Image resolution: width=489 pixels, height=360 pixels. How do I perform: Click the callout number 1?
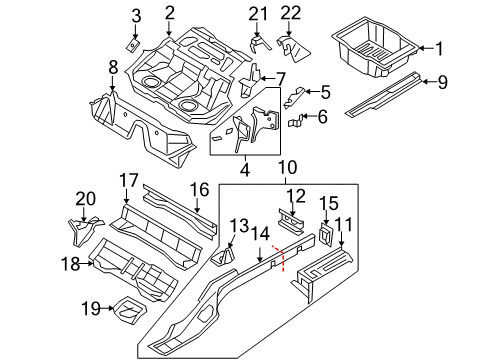pyautogui.click(x=439, y=48)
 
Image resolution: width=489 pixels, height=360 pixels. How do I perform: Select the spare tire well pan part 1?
pyautogui.click(x=375, y=48)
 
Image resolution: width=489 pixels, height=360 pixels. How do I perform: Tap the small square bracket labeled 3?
pyautogui.click(x=133, y=45)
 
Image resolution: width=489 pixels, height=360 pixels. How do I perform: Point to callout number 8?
pyautogui.click(x=113, y=67)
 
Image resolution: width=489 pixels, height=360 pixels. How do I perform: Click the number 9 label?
pyautogui.click(x=442, y=82)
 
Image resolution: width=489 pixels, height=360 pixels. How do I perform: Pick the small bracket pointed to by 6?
pyautogui.click(x=295, y=121)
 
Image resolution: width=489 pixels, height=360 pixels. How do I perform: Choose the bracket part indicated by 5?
pyautogui.click(x=294, y=97)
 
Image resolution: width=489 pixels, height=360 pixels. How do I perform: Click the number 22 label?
pyautogui.click(x=291, y=14)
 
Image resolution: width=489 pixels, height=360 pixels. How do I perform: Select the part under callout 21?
pyautogui.click(x=260, y=45)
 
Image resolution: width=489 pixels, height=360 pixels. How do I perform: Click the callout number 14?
pyautogui.click(x=260, y=234)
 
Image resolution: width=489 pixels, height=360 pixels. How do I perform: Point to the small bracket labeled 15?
pyautogui.click(x=326, y=234)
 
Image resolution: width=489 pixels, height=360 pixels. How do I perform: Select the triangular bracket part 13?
pyautogui.click(x=223, y=256)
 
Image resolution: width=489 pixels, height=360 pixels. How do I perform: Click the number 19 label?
pyautogui.click(x=91, y=308)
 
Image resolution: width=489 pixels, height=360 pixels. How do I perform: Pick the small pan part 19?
pyautogui.click(x=130, y=310)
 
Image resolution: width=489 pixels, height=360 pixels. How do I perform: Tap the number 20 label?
pyautogui.click(x=86, y=199)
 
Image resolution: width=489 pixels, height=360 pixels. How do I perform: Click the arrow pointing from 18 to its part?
pyautogui.click(x=87, y=264)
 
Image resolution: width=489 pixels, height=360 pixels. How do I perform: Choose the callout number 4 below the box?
pyautogui.click(x=245, y=170)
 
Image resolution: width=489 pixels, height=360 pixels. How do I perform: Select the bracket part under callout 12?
pyautogui.click(x=291, y=220)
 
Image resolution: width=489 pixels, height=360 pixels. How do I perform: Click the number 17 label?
pyautogui.click(x=129, y=180)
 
